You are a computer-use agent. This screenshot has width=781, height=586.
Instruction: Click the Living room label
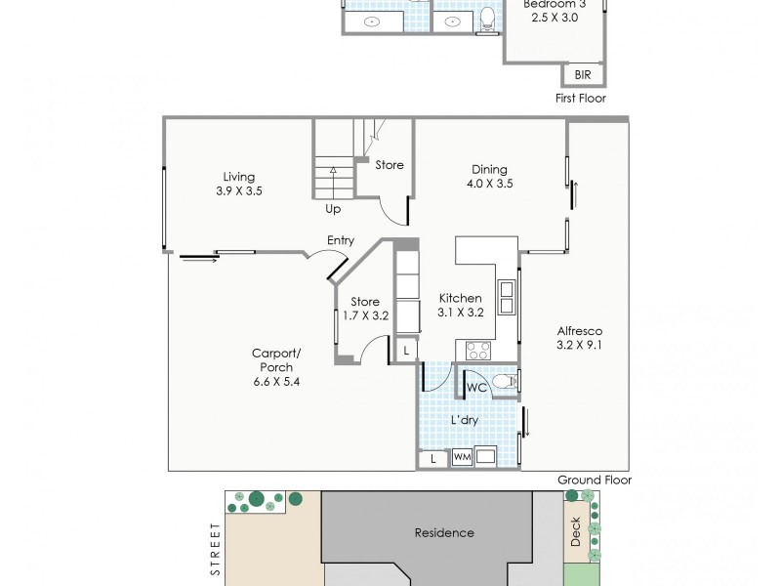pyautogui.click(x=239, y=177)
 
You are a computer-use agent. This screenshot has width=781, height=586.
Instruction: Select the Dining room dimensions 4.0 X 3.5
pyautogui.click(x=490, y=184)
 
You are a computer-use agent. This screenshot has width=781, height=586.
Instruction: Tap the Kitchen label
pyautogui.click(x=460, y=298)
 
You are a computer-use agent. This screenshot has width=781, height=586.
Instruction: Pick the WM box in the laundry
pyautogui.click(x=461, y=457)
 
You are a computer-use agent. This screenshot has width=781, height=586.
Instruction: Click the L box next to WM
pyautogui.click(x=432, y=457)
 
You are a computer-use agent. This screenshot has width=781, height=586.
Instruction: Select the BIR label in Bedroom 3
pyautogui.click(x=583, y=75)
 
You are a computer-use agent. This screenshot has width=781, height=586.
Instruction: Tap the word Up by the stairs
pyautogui.click(x=333, y=209)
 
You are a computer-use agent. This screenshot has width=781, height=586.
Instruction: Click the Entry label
pyautogui.click(x=341, y=240)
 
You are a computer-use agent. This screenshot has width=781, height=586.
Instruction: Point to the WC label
pyautogui.click(x=476, y=388)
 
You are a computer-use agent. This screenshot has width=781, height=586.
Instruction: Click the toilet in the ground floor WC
pyautogui.click(x=504, y=381)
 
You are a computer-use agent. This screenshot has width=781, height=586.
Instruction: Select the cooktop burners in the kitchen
pyautogui.click(x=477, y=349)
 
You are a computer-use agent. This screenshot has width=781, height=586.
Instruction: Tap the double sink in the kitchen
pyautogui.click(x=508, y=295)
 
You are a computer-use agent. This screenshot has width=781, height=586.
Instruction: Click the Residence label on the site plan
pyautogui.click(x=444, y=533)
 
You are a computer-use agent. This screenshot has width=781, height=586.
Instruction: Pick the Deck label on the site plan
pyautogui.click(x=575, y=532)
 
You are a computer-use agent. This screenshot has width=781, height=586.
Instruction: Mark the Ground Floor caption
pyautogui.click(x=595, y=480)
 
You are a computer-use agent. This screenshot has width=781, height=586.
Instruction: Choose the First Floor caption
pyautogui.click(x=581, y=98)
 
